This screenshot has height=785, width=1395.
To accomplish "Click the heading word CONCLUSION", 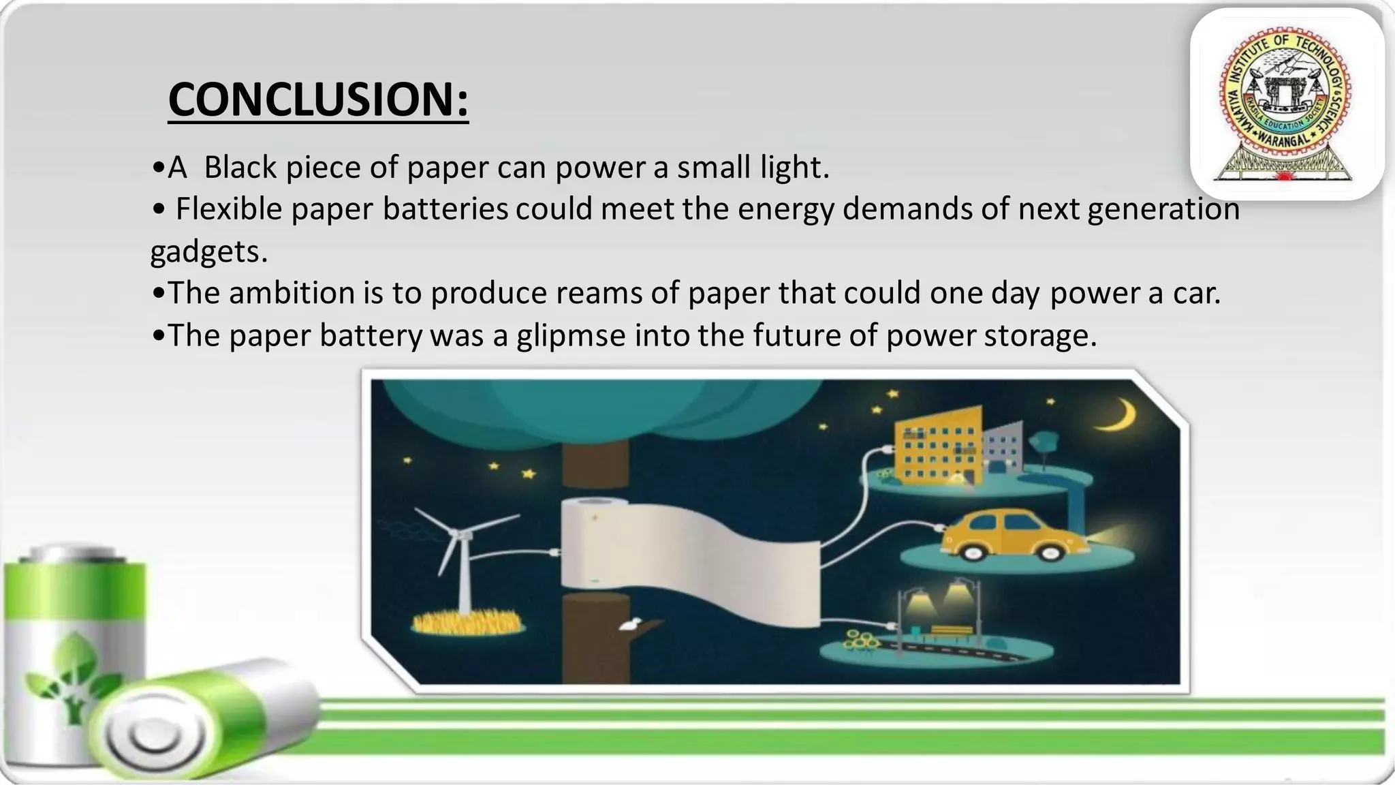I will [x=318, y=99].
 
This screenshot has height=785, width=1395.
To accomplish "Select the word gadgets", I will [x=208, y=251].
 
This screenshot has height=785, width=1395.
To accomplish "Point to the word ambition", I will [x=292, y=293].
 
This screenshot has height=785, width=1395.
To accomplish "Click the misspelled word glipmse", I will [x=571, y=335].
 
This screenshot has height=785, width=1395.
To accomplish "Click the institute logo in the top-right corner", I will [x=1287, y=104].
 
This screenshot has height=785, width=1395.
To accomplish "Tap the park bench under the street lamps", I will [x=952, y=632].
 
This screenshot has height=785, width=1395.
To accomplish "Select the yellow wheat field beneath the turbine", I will [x=467, y=622].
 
